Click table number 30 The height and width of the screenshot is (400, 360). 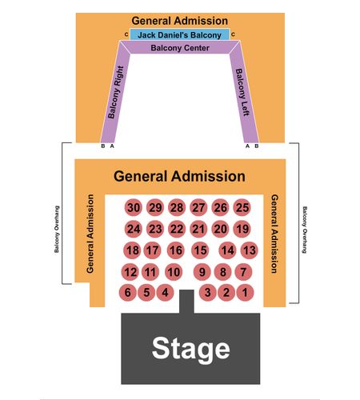pyautogui.click(x=134, y=207)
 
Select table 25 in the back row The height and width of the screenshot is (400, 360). pyautogui.click(x=242, y=207)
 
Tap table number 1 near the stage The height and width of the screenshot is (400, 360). pyautogui.click(x=245, y=292)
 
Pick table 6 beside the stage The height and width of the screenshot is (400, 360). pyautogui.click(x=128, y=292)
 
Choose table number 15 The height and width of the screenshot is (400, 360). pyautogui.click(x=200, y=250)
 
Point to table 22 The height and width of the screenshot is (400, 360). pyautogui.click(x=177, y=229)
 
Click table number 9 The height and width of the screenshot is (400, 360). pyautogui.click(x=202, y=272)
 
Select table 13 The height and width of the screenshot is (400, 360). pyautogui.click(x=250, y=250)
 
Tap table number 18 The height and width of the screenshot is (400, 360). pyautogui.click(x=132, y=250)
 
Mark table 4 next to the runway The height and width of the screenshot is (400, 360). pyautogui.click(x=165, y=292)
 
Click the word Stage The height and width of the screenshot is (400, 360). pyautogui.click(x=190, y=349)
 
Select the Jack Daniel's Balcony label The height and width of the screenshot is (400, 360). pyautogui.click(x=179, y=35)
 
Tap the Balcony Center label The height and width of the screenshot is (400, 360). pyautogui.click(x=180, y=48)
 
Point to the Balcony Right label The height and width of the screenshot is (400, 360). pyautogui.click(x=116, y=92)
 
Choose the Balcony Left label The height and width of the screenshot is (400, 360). pyautogui.click(x=242, y=92)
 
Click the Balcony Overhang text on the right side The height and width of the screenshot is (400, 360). pyautogui.click(x=305, y=230)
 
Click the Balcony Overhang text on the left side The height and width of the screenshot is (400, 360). pyautogui.click(x=57, y=229)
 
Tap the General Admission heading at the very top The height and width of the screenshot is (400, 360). pyautogui.click(x=180, y=21)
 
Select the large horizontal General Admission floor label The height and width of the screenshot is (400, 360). pyautogui.click(x=179, y=176)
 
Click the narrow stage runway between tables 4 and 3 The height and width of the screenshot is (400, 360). pyautogui.click(x=186, y=302)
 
